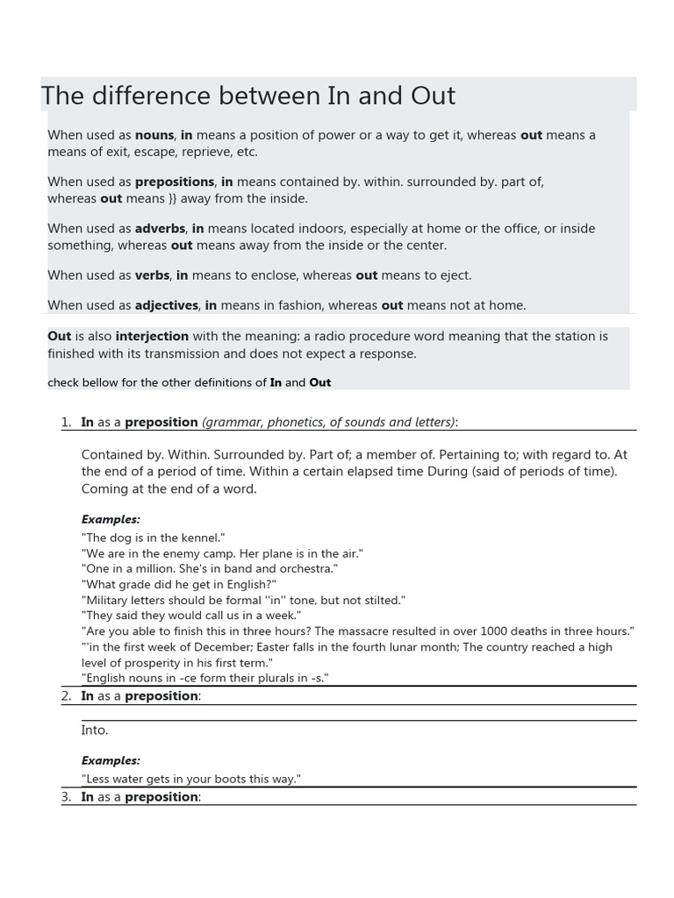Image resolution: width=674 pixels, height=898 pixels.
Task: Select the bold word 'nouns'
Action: click(154, 135)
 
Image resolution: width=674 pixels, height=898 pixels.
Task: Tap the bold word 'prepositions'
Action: click(175, 182)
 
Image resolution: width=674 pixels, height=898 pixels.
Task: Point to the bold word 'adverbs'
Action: click(160, 228)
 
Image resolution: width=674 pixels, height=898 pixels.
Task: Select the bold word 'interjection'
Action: click(152, 336)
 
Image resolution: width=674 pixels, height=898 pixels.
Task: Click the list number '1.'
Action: click(66, 422)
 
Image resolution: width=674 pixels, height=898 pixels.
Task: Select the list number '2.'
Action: click(66, 695)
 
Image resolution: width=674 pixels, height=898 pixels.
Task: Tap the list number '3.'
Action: click(66, 796)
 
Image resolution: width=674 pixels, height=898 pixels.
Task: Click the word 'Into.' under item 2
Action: click(95, 730)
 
